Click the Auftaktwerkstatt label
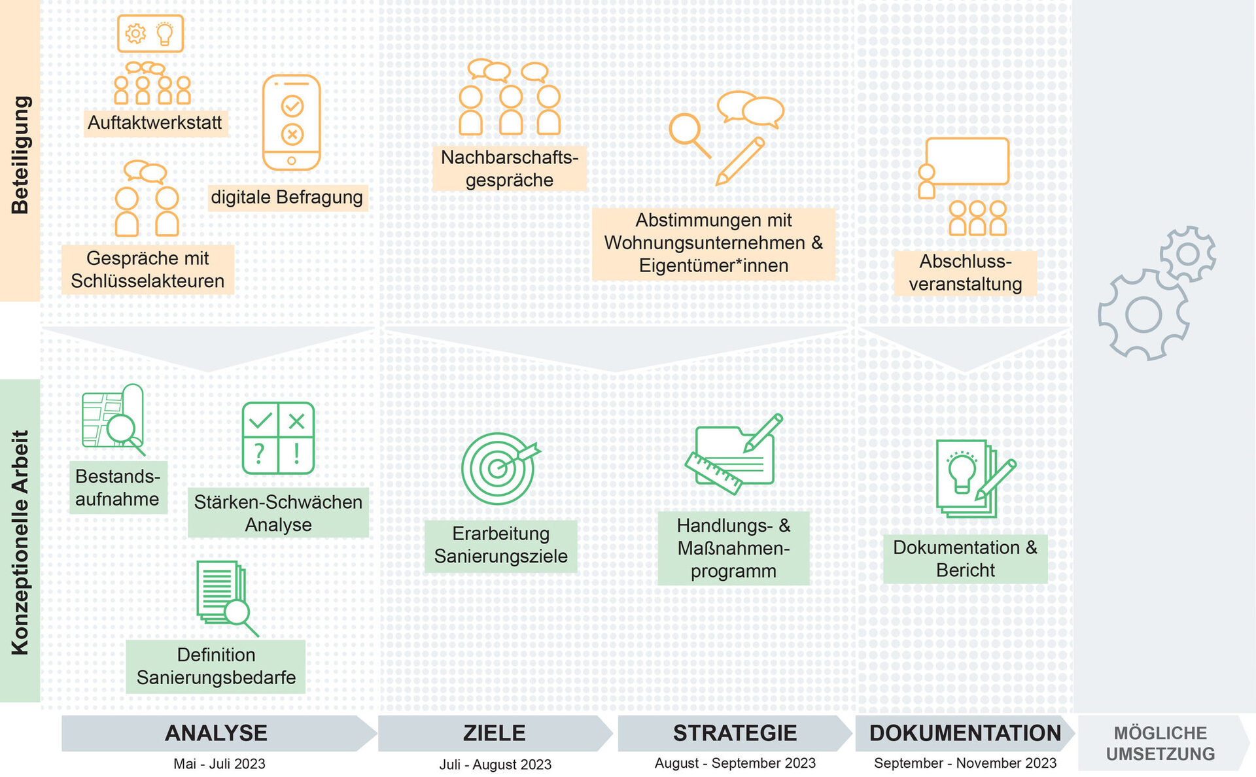pyautogui.click(x=155, y=123)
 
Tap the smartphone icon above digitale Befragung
pyautogui.click(x=291, y=123)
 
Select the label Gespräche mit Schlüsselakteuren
pyautogui.click(x=148, y=269)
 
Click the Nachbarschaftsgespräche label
pyautogui.click(x=509, y=169)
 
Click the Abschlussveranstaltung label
pyautogui.click(x=965, y=273)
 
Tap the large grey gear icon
pyautogui.click(x=1143, y=315)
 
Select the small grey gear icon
pyautogui.click(x=1188, y=254)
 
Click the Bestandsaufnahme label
pyautogui.click(x=118, y=487)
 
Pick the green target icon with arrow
pyautogui.click(x=499, y=468)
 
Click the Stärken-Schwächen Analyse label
pyautogui.click(x=278, y=513)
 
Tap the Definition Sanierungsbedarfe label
pyautogui.click(x=216, y=666)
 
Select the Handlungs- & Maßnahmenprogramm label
pyautogui.click(x=733, y=548)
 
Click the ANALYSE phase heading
pyautogui.click(x=216, y=733)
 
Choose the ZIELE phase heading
pyautogui.click(x=494, y=733)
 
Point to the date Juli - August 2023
pyautogui.click(x=495, y=764)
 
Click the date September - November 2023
pyautogui.click(x=965, y=763)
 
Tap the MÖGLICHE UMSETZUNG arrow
pyautogui.click(x=1160, y=744)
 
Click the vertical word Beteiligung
pyautogui.click(x=20, y=155)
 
